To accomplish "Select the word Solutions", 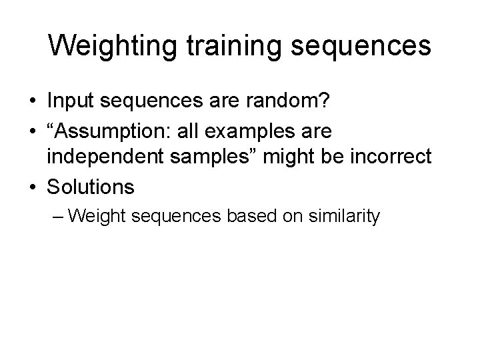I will (x=90, y=187).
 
